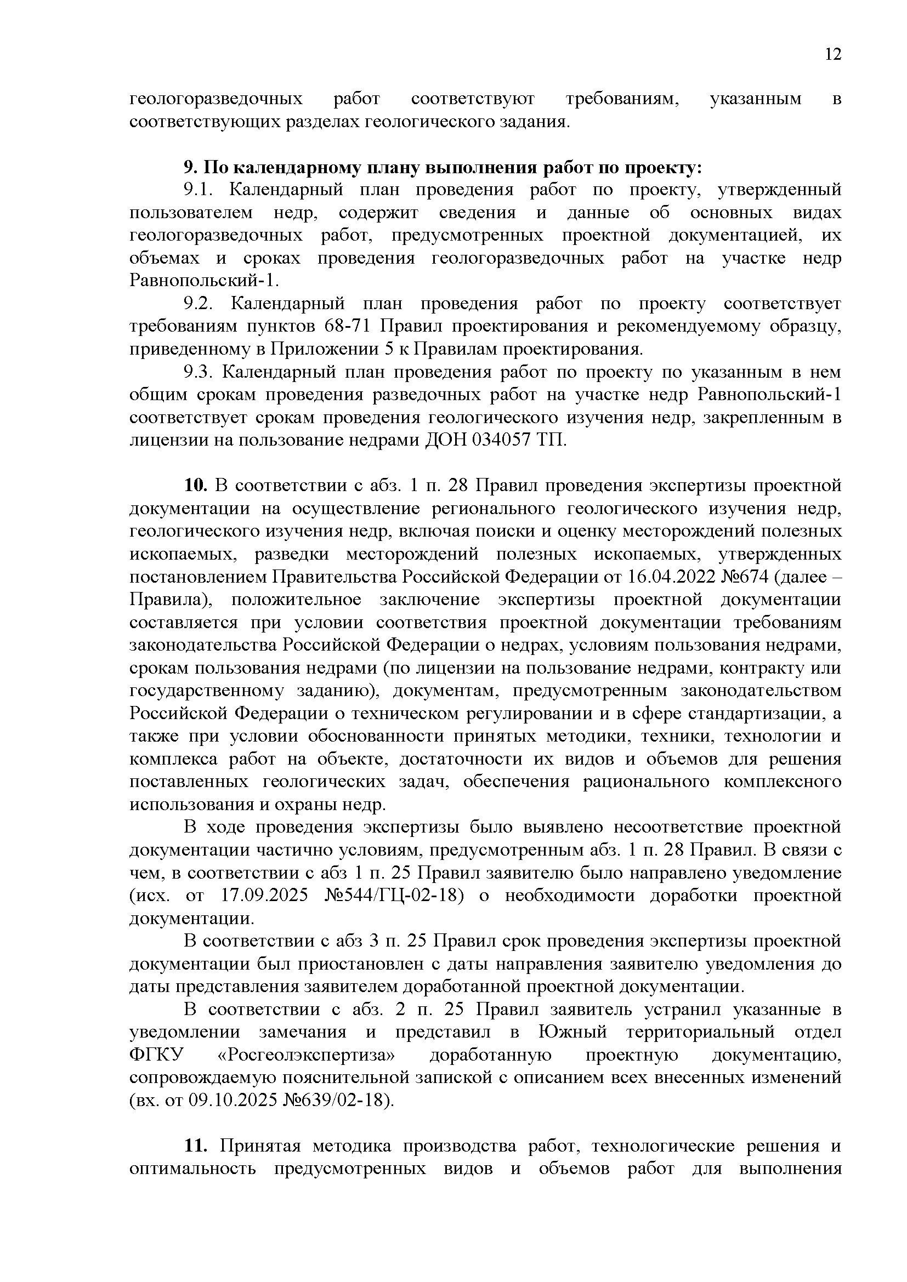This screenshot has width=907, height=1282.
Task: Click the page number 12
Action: [832, 54]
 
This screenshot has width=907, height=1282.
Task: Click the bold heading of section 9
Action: [443, 167]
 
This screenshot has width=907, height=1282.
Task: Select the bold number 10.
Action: [195, 486]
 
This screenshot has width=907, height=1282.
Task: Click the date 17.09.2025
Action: [265, 896]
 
